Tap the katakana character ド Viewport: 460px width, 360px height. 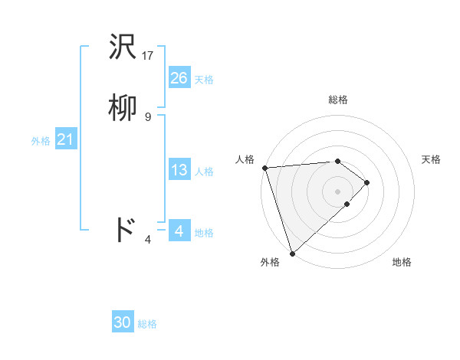click(x=124, y=229)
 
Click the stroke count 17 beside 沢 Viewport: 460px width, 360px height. click(x=149, y=56)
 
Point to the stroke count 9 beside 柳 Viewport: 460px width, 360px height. click(x=148, y=116)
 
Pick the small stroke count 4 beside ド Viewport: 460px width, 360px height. click(x=148, y=240)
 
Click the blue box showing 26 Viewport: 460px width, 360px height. click(x=179, y=78)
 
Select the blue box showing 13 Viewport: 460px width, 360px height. click(x=179, y=170)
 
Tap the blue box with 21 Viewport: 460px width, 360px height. click(x=65, y=139)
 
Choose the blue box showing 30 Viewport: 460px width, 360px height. click(x=123, y=322)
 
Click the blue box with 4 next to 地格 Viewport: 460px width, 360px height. click(x=179, y=231)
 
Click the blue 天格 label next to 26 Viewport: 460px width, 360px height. click(x=204, y=80)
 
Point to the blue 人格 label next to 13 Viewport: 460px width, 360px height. click(x=204, y=172)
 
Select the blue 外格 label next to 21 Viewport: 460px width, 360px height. click(x=41, y=141)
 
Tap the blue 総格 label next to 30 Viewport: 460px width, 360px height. click(x=147, y=324)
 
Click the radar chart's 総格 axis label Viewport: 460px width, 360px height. click(x=338, y=100)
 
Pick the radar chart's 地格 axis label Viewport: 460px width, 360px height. click(x=402, y=263)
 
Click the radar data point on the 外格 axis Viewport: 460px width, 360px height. click(x=292, y=253)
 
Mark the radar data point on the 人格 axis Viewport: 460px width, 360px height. click(x=264, y=168)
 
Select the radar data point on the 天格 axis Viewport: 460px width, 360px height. click(x=367, y=182)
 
